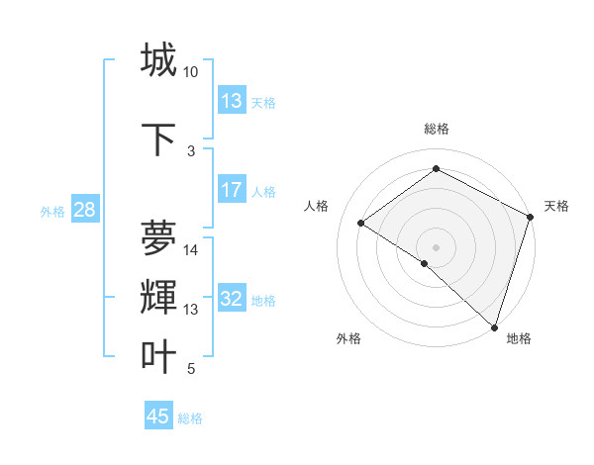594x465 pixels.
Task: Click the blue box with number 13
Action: (232, 101)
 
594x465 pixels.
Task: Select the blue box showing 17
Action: (232, 190)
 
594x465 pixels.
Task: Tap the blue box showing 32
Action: (232, 300)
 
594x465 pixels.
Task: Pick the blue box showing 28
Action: (83, 210)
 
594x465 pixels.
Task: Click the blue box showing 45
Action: (158, 417)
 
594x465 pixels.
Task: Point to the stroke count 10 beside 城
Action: (191, 72)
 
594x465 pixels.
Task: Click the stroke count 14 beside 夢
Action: (191, 250)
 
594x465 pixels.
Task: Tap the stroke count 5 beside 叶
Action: (191, 370)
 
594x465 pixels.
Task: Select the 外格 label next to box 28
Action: (52, 211)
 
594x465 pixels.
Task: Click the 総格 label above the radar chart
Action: (436, 129)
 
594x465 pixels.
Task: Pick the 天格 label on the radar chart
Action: (556, 206)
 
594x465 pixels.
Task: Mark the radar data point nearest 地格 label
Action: (494, 325)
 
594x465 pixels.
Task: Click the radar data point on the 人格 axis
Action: (361, 223)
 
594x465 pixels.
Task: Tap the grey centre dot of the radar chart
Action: (436, 246)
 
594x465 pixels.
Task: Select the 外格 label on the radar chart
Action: (348, 338)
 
